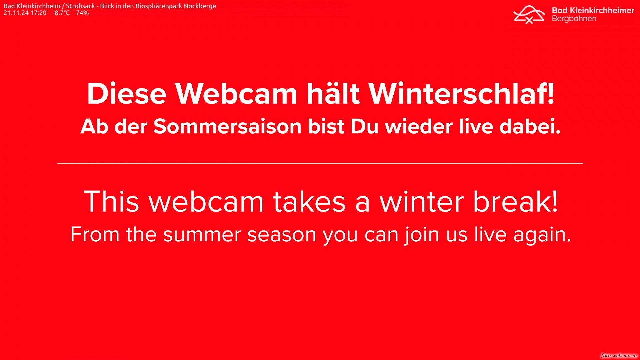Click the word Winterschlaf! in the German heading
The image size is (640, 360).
(x=461, y=94)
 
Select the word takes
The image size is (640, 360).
(x=309, y=202)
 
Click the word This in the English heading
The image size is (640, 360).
(x=111, y=202)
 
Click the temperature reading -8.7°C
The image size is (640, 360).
(x=61, y=13)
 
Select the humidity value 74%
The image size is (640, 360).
(x=82, y=13)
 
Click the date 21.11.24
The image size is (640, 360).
(x=16, y=13)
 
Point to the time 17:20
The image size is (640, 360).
(x=39, y=13)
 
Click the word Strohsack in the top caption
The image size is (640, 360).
(x=80, y=6)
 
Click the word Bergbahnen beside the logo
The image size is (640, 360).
(x=574, y=19)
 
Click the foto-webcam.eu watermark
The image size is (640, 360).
(x=619, y=356)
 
